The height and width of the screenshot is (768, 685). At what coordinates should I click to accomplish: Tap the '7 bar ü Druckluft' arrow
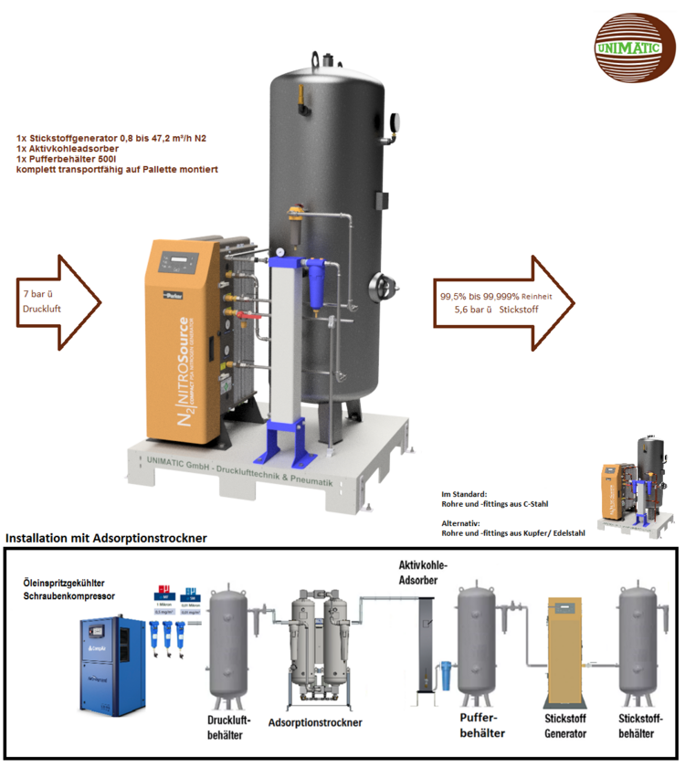[58, 302]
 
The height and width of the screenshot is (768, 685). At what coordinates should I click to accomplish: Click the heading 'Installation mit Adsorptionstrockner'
[106, 539]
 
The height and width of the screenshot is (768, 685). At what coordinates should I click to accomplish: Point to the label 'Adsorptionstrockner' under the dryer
[315, 722]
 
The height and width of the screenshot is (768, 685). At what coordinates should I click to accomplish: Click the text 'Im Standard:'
[464, 493]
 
